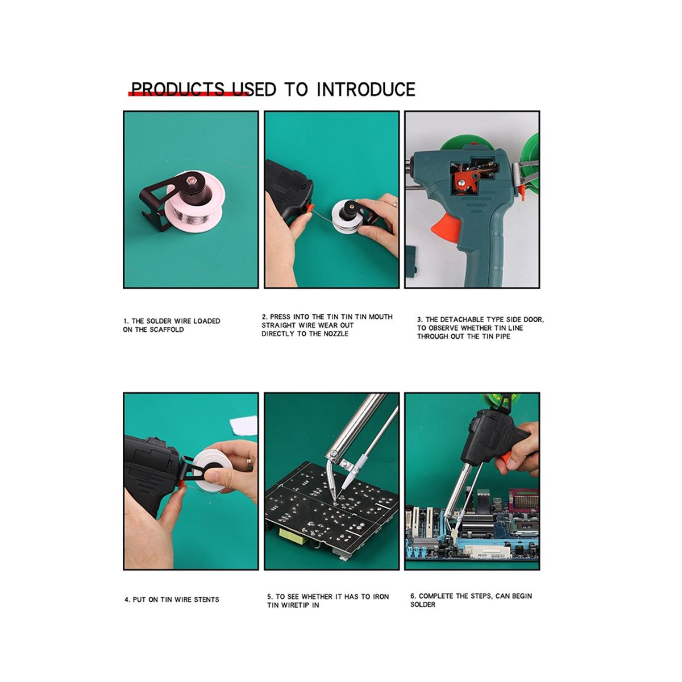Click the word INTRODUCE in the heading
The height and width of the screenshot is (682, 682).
click(x=365, y=89)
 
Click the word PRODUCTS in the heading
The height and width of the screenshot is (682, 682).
click(x=178, y=89)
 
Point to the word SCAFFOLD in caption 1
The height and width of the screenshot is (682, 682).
click(x=167, y=330)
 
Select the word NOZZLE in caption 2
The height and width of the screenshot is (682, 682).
click(x=336, y=334)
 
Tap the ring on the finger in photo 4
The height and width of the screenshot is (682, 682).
click(x=249, y=463)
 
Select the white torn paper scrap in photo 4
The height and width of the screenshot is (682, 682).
click(x=244, y=425)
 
